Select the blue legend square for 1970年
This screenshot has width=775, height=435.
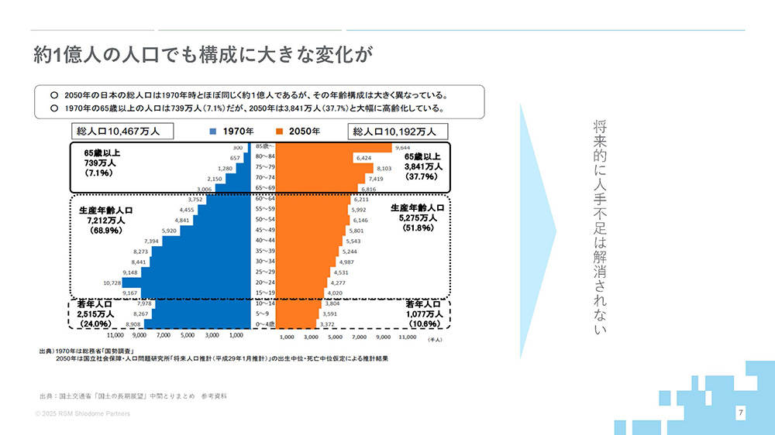pyautogui.click(x=213, y=132)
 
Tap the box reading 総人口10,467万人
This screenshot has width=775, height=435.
pyautogui.click(x=122, y=132)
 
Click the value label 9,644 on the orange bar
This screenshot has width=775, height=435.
pyautogui.click(x=403, y=147)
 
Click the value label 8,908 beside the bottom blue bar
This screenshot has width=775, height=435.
pyautogui.click(x=134, y=325)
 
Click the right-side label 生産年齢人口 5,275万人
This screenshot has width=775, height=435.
pyautogui.click(x=417, y=218)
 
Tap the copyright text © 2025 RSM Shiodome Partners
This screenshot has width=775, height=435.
pyautogui.click(x=83, y=414)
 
